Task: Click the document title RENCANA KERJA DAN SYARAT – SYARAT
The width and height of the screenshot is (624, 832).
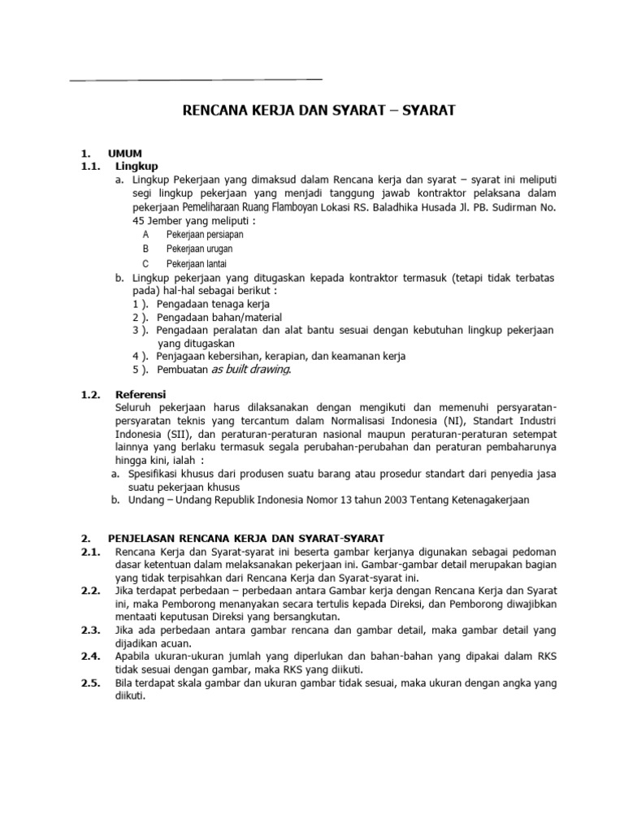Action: click(x=318, y=110)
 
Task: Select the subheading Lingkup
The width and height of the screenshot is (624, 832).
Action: click(x=136, y=167)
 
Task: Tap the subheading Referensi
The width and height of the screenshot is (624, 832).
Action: click(x=141, y=394)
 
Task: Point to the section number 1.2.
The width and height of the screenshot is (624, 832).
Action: click(x=90, y=394)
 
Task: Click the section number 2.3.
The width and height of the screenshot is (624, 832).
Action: click(x=90, y=630)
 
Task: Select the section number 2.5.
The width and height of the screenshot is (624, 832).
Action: click(x=90, y=683)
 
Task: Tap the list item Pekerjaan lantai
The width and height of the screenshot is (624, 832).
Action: click(x=197, y=264)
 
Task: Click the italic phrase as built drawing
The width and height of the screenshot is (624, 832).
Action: click(x=250, y=370)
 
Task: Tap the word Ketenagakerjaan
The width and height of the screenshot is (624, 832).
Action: click(x=485, y=500)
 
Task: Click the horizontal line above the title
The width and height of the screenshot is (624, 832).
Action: click(x=197, y=80)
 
